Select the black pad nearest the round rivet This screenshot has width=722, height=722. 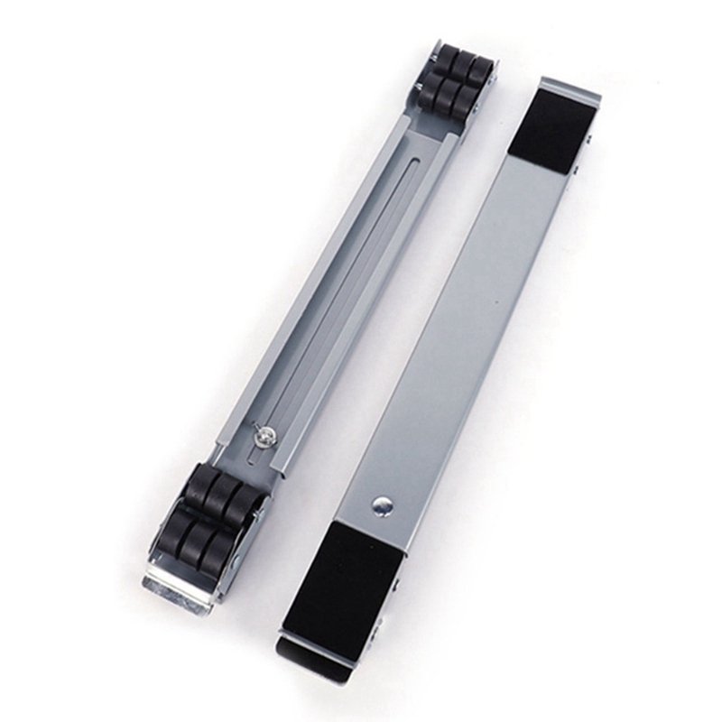(x=345, y=578)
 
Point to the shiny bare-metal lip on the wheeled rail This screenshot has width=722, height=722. (x=178, y=592)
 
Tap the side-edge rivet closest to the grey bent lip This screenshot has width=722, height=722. (x=588, y=141)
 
